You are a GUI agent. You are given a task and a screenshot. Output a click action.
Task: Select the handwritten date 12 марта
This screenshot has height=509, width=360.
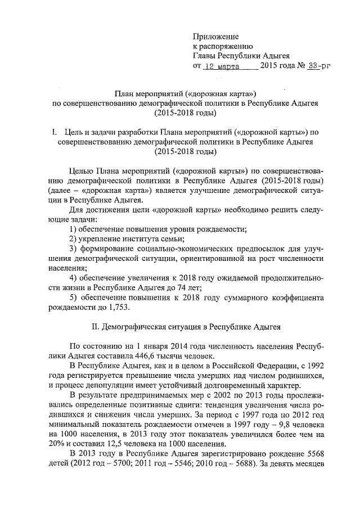pyautogui.click(x=221, y=66)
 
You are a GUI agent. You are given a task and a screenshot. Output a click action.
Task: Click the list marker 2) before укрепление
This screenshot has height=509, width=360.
pyautogui.click(x=73, y=238)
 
